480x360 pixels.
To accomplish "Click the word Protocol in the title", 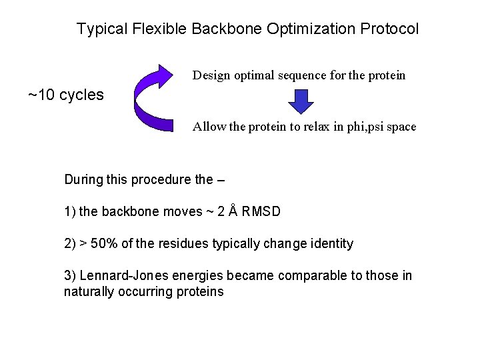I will (391, 29).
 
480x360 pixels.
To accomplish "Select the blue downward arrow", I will (302, 101).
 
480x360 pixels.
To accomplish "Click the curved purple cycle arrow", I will (155, 99).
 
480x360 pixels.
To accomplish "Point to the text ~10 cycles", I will (66, 95).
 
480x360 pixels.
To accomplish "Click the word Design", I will (211, 75).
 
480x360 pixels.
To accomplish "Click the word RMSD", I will (262, 212).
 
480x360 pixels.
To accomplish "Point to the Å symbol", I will (233, 211).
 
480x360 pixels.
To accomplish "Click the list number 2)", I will (70, 243).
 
